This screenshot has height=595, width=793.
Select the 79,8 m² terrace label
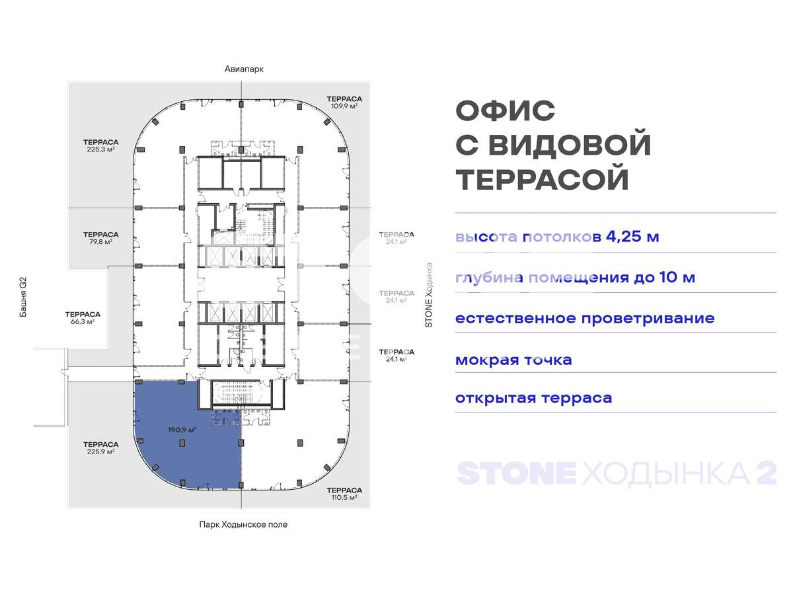[x=100, y=238]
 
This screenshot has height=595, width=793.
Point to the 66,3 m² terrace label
[x=83, y=318]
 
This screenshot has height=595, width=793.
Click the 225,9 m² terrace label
[x=100, y=448]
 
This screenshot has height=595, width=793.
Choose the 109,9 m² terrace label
[x=344, y=102]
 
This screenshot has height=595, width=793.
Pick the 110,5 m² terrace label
[x=344, y=494]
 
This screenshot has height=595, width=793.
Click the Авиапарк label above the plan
[x=239, y=69]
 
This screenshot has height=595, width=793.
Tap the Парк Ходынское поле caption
[x=243, y=524]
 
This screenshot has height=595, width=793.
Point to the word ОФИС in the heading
[x=506, y=111]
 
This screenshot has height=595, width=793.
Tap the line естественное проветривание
[x=585, y=318]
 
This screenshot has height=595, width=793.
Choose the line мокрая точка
[x=513, y=360]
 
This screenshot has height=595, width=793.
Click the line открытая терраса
[x=533, y=398]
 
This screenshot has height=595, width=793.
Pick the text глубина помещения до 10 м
[x=575, y=278]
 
